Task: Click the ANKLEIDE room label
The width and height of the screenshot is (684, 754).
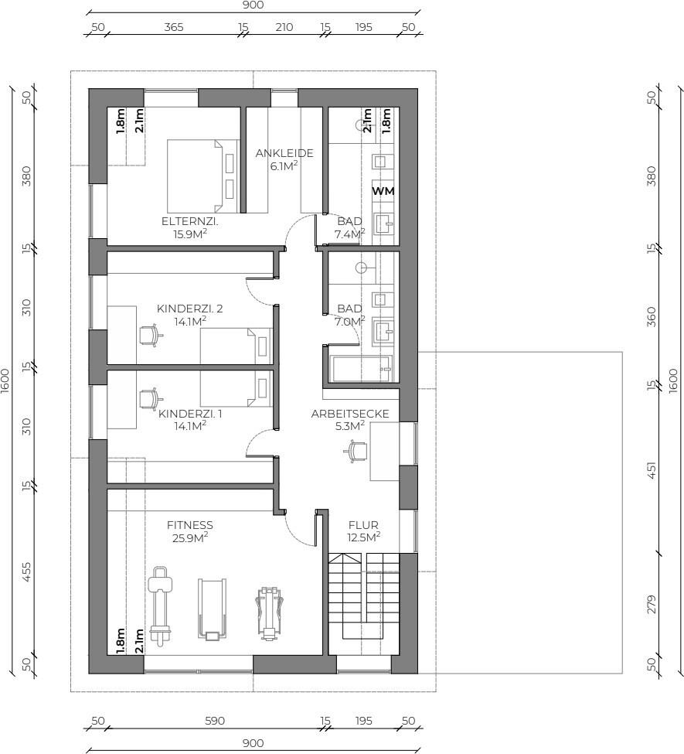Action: tap(284, 153)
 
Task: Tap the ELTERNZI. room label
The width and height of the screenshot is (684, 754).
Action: tap(190, 222)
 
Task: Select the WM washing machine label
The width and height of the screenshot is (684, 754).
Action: tap(383, 191)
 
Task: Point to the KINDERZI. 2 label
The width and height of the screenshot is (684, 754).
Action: tap(190, 309)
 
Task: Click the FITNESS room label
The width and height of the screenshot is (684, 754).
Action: tap(190, 525)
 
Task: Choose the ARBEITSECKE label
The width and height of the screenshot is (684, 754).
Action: tap(350, 414)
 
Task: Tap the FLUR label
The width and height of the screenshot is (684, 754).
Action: tap(363, 525)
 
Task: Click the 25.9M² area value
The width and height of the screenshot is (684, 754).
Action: tap(190, 537)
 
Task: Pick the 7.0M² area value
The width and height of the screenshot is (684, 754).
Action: tap(349, 321)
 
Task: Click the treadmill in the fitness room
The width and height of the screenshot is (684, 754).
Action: tap(212, 609)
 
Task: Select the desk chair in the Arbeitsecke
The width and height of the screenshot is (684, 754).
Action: tap(356, 452)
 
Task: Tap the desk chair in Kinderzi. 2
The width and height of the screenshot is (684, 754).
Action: tap(151, 335)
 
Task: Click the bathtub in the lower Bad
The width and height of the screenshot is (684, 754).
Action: tap(361, 369)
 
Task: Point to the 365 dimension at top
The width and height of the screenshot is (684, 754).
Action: tap(174, 27)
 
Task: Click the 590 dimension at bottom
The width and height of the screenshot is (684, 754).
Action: tap(215, 721)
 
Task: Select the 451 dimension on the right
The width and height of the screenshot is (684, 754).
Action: tap(651, 470)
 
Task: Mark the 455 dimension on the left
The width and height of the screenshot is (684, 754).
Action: tap(27, 572)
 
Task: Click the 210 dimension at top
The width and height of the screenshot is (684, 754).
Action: tap(284, 27)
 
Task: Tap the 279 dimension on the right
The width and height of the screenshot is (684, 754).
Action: tap(651, 605)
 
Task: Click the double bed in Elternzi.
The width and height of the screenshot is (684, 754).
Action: tap(202, 176)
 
